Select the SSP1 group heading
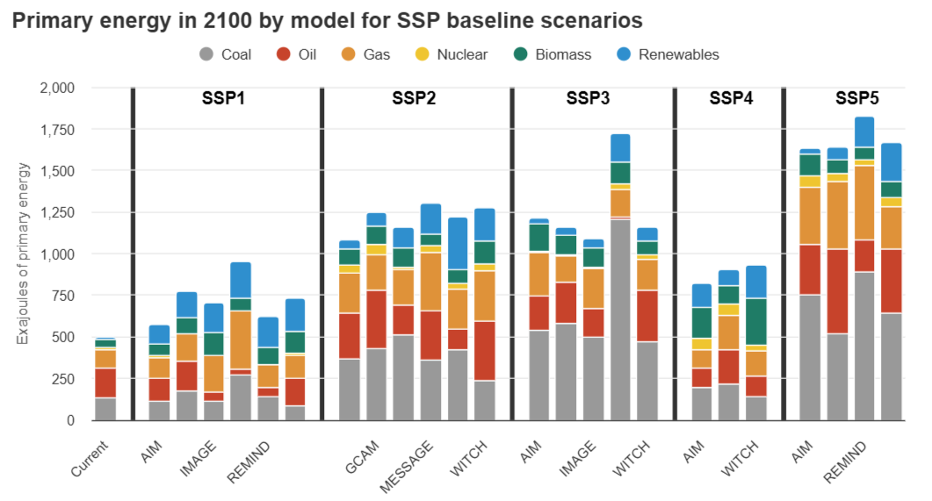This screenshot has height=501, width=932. (x=218, y=98)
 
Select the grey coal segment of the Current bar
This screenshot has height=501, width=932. (x=105, y=409)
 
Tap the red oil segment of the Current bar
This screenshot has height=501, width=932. (x=105, y=383)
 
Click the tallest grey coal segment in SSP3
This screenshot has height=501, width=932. (x=620, y=320)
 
